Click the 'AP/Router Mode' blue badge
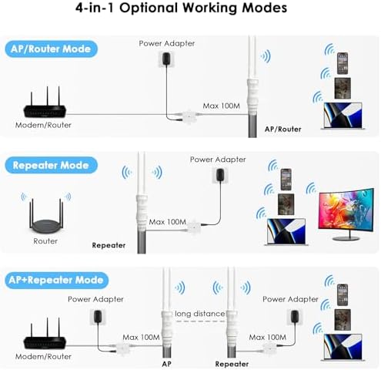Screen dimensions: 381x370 pyautogui.click(x=52, y=49)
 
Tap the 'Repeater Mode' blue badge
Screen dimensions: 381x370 pyautogui.click(x=52, y=165)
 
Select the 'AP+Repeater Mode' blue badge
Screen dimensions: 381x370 pyautogui.click(x=56, y=280)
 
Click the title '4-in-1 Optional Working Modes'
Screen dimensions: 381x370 pyautogui.click(x=181, y=8)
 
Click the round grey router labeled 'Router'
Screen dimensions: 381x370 pyautogui.click(x=46, y=217)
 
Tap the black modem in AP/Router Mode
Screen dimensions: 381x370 pyautogui.click(x=45, y=106)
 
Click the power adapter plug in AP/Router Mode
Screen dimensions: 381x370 pyautogui.click(x=167, y=59)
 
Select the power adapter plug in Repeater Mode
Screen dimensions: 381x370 pyautogui.click(x=220, y=175)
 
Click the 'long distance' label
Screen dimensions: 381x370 pyautogui.click(x=199, y=314)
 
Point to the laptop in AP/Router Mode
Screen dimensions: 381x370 pyautogui.click(x=343, y=116)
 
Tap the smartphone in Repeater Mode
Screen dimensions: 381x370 pyautogui.click(x=286, y=180)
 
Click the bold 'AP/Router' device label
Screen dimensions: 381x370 pyautogui.click(x=282, y=129)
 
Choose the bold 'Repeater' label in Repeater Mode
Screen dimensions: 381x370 pyautogui.click(x=109, y=245)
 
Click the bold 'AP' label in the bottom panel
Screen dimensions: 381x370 pyautogui.click(x=166, y=364)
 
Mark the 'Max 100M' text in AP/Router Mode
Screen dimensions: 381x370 pyautogui.click(x=221, y=106)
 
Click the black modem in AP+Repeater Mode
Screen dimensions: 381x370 pyautogui.click(x=45, y=337)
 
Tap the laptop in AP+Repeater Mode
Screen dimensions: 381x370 pyautogui.click(x=343, y=347)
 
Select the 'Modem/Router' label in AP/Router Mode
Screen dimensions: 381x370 pyautogui.click(x=43, y=125)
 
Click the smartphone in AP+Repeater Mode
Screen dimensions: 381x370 pyautogui.click(x=343, y=294)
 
